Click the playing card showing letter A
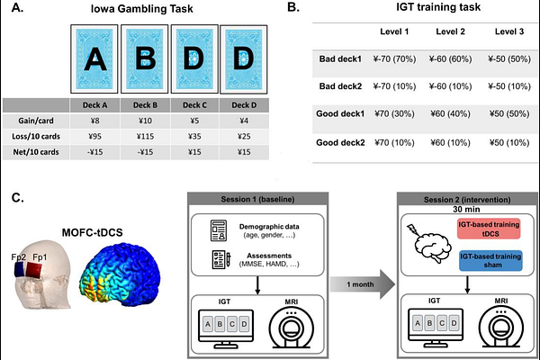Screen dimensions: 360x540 (x=93, y=57)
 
